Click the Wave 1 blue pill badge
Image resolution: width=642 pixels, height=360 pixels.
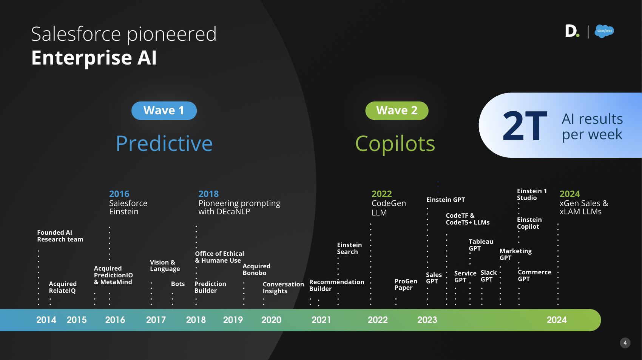tap(164, 111)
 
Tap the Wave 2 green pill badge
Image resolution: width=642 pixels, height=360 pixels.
tap(397, 111)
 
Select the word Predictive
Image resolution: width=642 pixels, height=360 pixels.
tap(164, 143)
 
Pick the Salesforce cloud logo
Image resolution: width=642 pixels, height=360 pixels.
tap(604, 31)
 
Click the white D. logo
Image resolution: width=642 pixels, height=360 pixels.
tap(572, 31)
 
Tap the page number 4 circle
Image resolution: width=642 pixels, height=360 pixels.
tap(625, 343)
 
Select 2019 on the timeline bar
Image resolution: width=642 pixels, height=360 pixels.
tap(233, 320)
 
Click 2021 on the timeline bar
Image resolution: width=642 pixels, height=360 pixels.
tap(321, 320)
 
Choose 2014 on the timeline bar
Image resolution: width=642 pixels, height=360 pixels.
tap(46, 320)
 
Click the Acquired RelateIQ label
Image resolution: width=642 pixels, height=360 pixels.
tap(63, 287)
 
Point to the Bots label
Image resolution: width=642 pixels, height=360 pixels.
tap(178, 284)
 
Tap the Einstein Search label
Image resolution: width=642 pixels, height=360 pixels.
tap(349, 248)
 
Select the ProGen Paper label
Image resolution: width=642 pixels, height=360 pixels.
tap(406, 285)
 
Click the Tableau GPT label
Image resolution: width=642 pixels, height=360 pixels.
tap(481, 245)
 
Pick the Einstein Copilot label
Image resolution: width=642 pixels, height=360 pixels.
tap(529, 223)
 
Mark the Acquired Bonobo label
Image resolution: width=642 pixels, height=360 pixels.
tap(256, 269)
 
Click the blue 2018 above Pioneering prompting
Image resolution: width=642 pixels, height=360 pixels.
tap(208, 194)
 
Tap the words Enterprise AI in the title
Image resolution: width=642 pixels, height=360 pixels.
tap(94, 58)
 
